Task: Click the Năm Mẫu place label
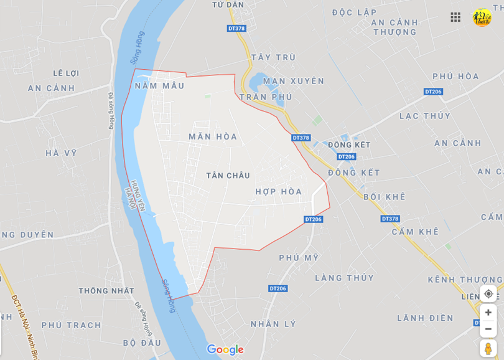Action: (x=159, y=86)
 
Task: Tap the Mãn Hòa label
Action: (x=213, y=136)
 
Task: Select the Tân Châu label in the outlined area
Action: (x=228, y=176)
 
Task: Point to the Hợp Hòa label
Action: (x=278, y=192)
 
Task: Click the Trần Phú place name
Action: (x=265, y=97)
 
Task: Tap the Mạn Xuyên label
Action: (x=294, y=81)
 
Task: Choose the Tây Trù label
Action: (x=273, y=57)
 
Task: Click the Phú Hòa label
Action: (x=455, y=77)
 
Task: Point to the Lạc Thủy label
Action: (x=425, y=116)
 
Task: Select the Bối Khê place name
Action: (x=384, y=197)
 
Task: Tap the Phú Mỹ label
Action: (x=299, y=257)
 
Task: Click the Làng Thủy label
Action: (x=344, y=278)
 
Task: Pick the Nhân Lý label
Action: (x=273, y=324)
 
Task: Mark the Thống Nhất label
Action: (x=106, y=291)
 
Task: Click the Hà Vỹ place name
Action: (x=61, y=153)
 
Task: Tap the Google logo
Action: (x=225, y=349)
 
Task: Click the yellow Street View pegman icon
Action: (x=488, y=349)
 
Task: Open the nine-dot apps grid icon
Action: (x=455, y=17)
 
